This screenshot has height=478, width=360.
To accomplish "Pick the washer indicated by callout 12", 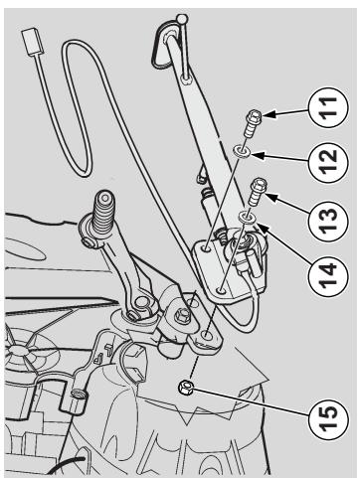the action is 242,151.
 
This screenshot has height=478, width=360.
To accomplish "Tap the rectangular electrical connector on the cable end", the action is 31,42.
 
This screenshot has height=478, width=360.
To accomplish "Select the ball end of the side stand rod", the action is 182,18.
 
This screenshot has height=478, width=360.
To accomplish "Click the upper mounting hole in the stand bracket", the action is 208,247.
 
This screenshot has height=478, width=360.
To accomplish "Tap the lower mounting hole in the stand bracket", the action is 222,291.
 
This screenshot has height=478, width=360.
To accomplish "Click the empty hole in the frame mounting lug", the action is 208,336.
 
